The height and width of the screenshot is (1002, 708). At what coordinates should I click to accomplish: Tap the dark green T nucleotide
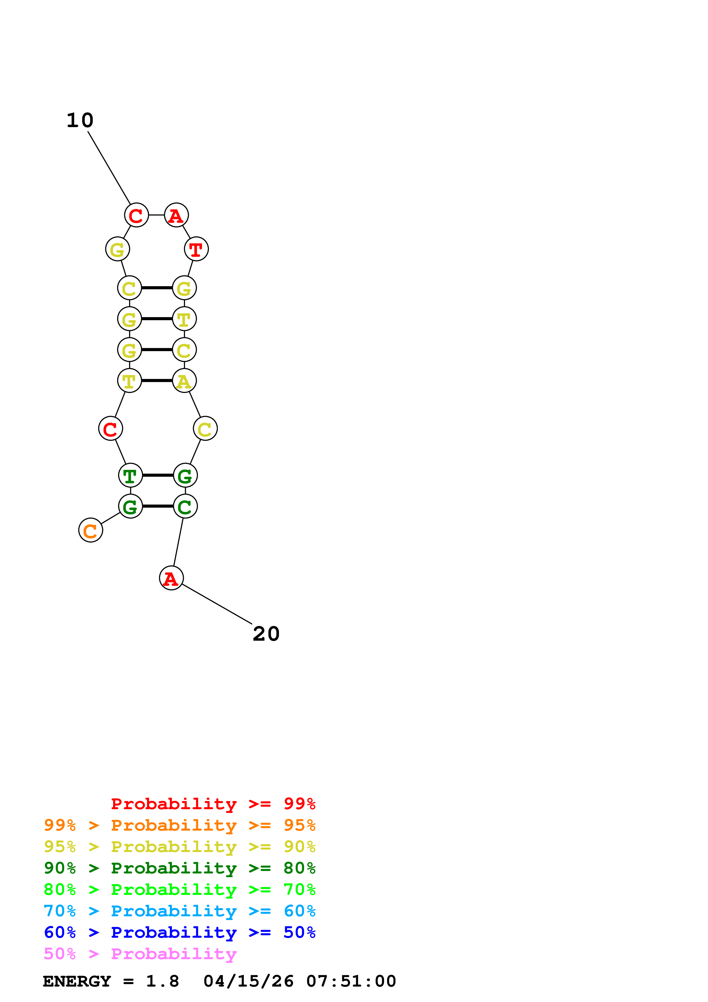131,475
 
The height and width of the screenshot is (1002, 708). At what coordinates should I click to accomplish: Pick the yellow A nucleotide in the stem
184,381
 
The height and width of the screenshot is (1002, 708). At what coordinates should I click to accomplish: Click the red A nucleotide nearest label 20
171,578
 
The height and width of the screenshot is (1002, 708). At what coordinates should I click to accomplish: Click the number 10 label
80,121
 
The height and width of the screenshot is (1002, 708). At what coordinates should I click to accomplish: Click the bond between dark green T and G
158,475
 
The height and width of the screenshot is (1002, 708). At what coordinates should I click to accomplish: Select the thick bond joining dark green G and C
158,506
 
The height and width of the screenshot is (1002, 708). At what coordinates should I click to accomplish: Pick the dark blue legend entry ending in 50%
179,933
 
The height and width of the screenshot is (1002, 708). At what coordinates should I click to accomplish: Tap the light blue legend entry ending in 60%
179,911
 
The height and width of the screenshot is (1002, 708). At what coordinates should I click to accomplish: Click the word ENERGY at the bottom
77,981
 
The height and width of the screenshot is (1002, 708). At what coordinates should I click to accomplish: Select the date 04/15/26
249,981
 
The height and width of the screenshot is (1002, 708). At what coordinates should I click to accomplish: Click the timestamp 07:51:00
351,981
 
